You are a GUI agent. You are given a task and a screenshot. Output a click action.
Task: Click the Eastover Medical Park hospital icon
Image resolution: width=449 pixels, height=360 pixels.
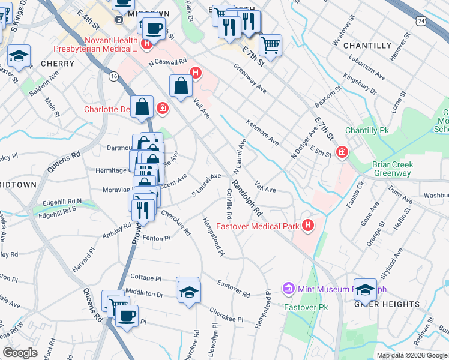click(308, 226)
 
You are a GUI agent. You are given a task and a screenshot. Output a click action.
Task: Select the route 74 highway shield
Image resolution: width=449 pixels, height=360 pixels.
click(423, 21)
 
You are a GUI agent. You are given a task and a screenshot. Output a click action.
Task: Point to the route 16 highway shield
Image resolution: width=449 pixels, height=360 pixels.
click(113, 76)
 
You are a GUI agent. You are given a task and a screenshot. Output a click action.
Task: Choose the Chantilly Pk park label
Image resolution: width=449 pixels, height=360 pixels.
click(367, 130)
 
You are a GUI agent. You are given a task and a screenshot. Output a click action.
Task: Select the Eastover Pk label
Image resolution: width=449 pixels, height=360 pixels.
click(303, 307)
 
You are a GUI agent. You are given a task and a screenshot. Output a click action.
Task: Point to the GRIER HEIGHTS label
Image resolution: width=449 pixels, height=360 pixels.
click(387, 304)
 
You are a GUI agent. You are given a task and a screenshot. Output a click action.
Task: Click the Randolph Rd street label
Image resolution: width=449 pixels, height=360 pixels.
click(248, 199)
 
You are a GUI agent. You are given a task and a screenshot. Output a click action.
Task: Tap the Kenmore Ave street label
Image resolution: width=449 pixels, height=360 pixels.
click(263, 132)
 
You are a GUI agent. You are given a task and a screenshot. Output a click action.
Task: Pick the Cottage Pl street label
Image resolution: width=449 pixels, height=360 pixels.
click(146, 278)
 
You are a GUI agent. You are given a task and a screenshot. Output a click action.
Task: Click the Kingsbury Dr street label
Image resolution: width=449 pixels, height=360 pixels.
click(360, 85)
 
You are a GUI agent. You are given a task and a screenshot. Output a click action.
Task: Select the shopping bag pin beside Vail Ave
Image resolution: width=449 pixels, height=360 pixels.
click(181, 86)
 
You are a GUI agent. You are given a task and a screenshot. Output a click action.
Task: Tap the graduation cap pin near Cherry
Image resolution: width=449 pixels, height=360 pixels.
click(19, 57)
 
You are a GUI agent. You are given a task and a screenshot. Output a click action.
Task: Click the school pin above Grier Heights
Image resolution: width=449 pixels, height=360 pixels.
click(364, 290)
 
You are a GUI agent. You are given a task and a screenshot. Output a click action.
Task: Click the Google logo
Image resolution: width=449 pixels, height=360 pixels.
click(20, 353)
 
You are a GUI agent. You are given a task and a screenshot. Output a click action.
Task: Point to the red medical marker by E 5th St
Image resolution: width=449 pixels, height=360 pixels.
click(342, 152)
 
